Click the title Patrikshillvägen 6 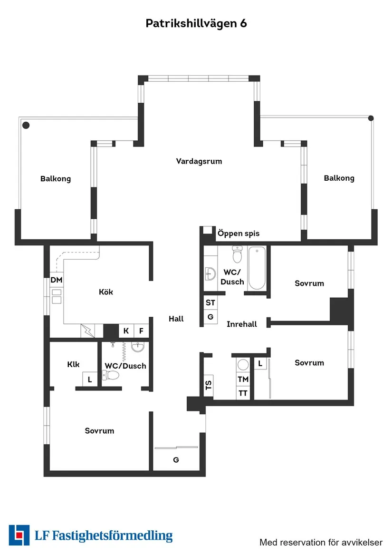click(196, 23)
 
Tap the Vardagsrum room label click(199, 161)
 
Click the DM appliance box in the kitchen click(57, 280)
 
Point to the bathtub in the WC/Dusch click(257, 268)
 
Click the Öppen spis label click(238, 234)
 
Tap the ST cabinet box click(210, 303)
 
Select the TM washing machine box click(243, 379)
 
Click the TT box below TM click(243, 393)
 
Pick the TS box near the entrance click(208, 385)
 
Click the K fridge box click(126, 331)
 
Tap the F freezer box click(141, 331)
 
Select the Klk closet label click(73, 365)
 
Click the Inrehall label click(241, 324)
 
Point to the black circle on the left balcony click(26, 125)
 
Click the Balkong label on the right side click(339, 178)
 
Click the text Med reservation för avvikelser click(321, 542)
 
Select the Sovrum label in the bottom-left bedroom click(99, 431)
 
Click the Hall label click(176, 319)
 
